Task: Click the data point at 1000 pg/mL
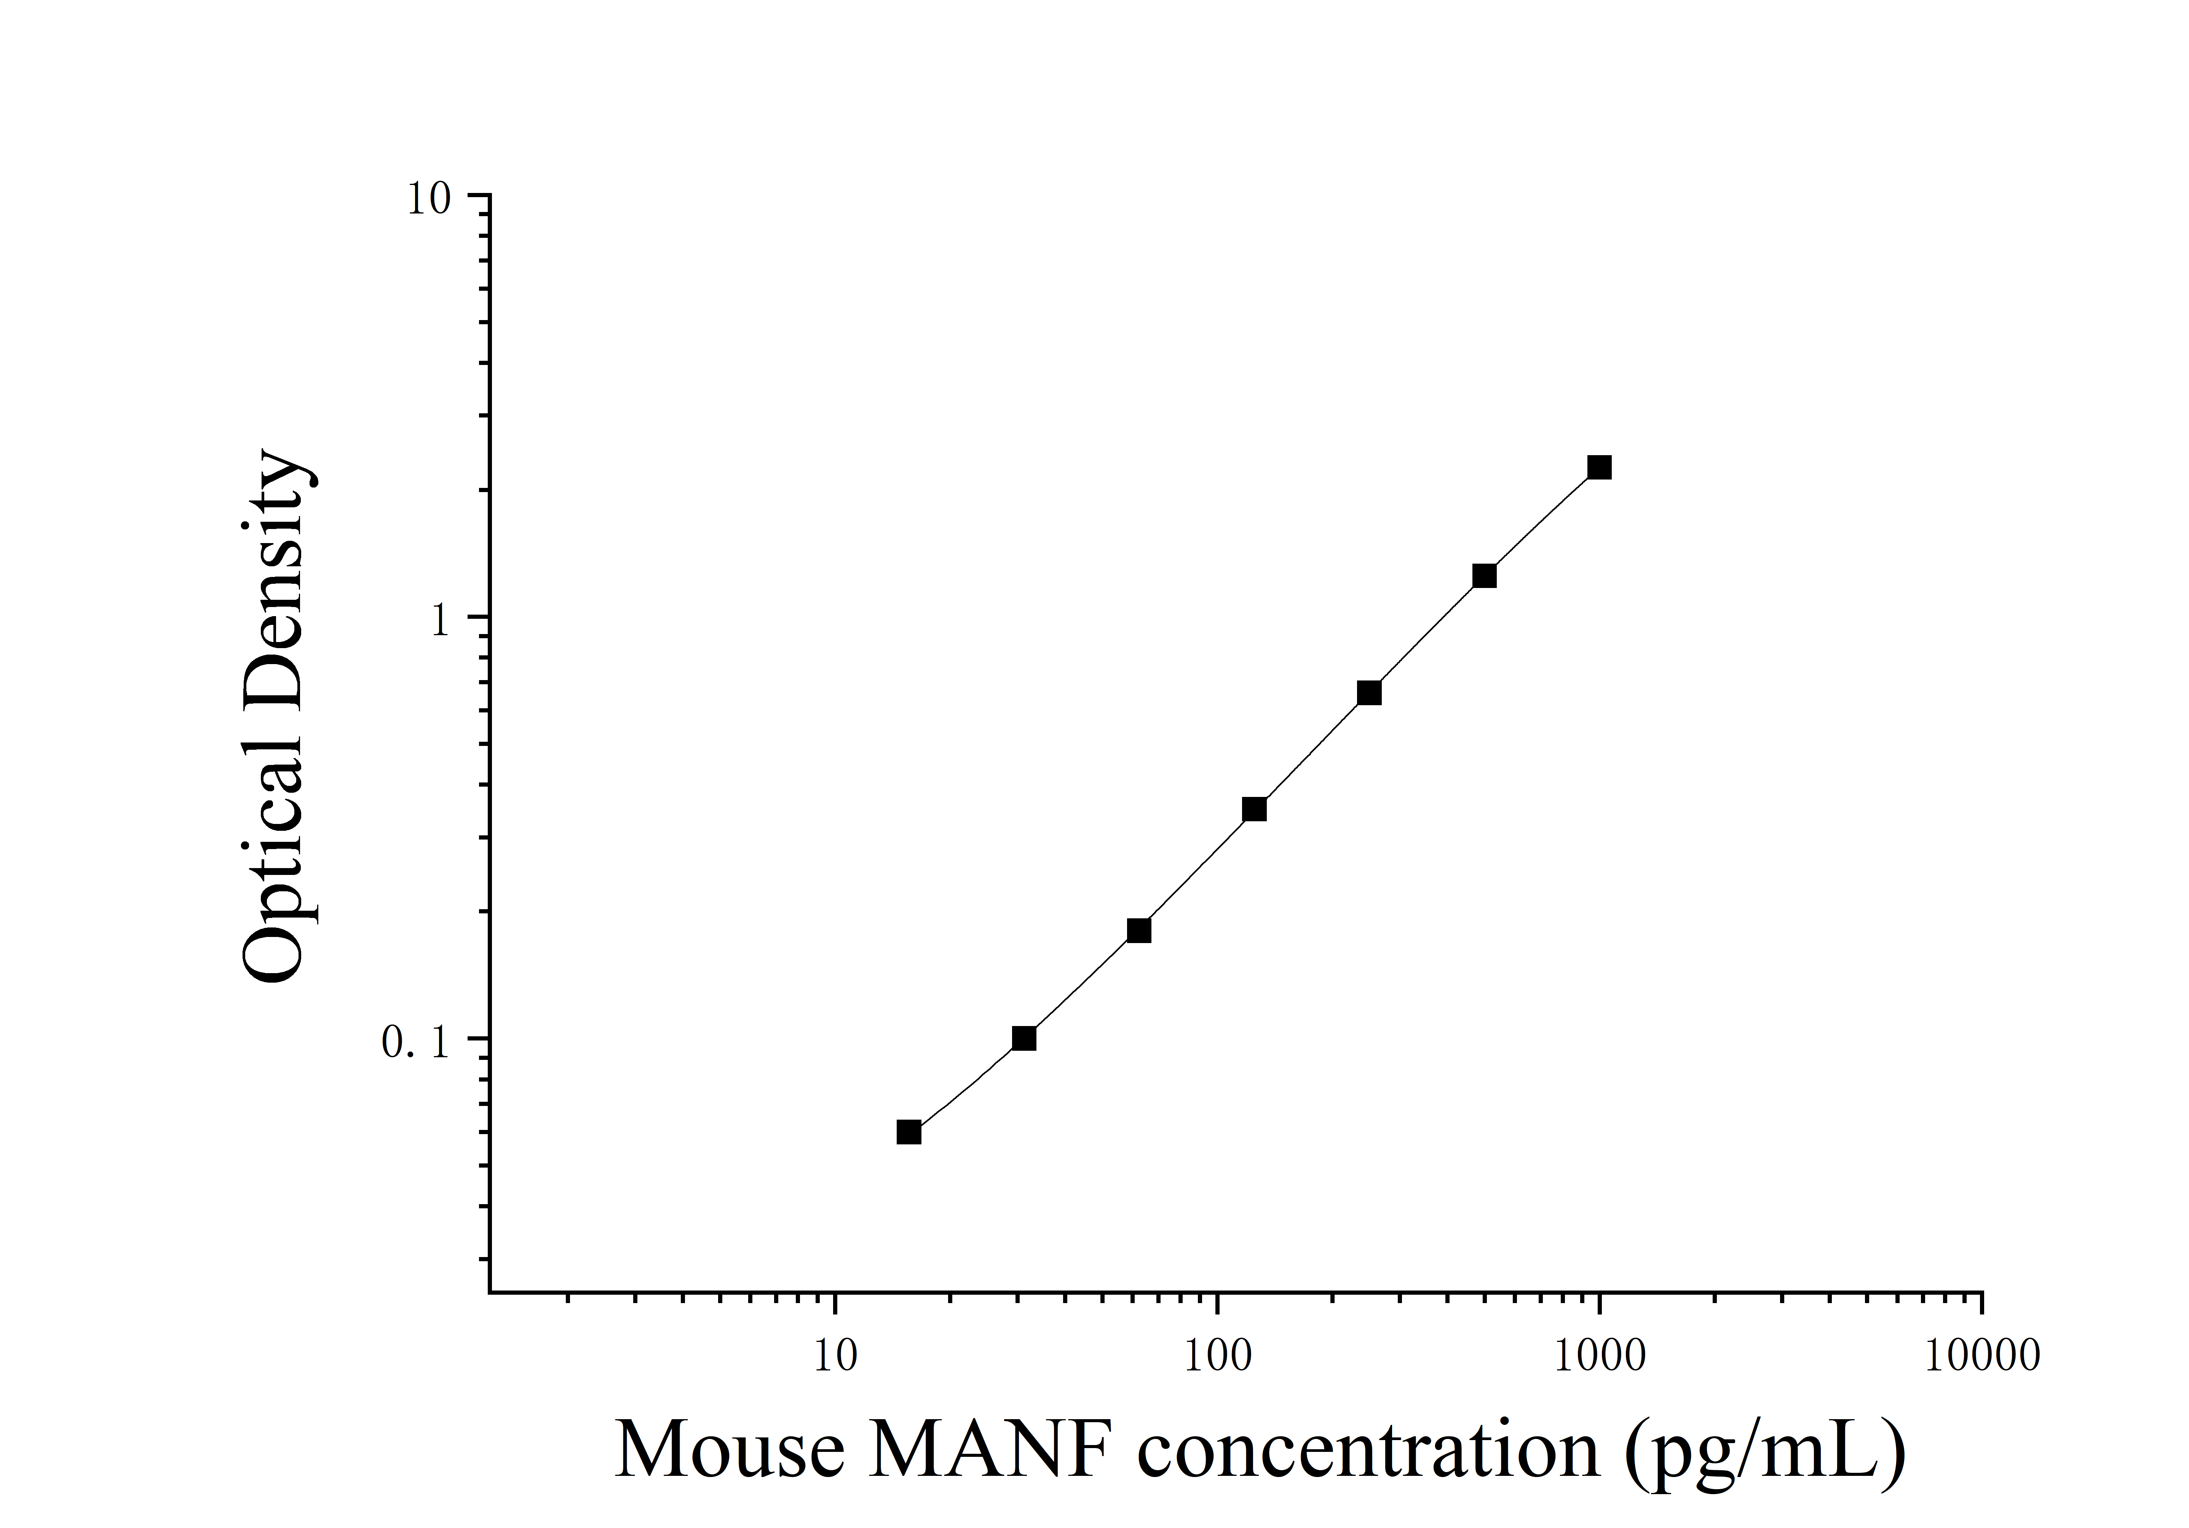click(1599, 467)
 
